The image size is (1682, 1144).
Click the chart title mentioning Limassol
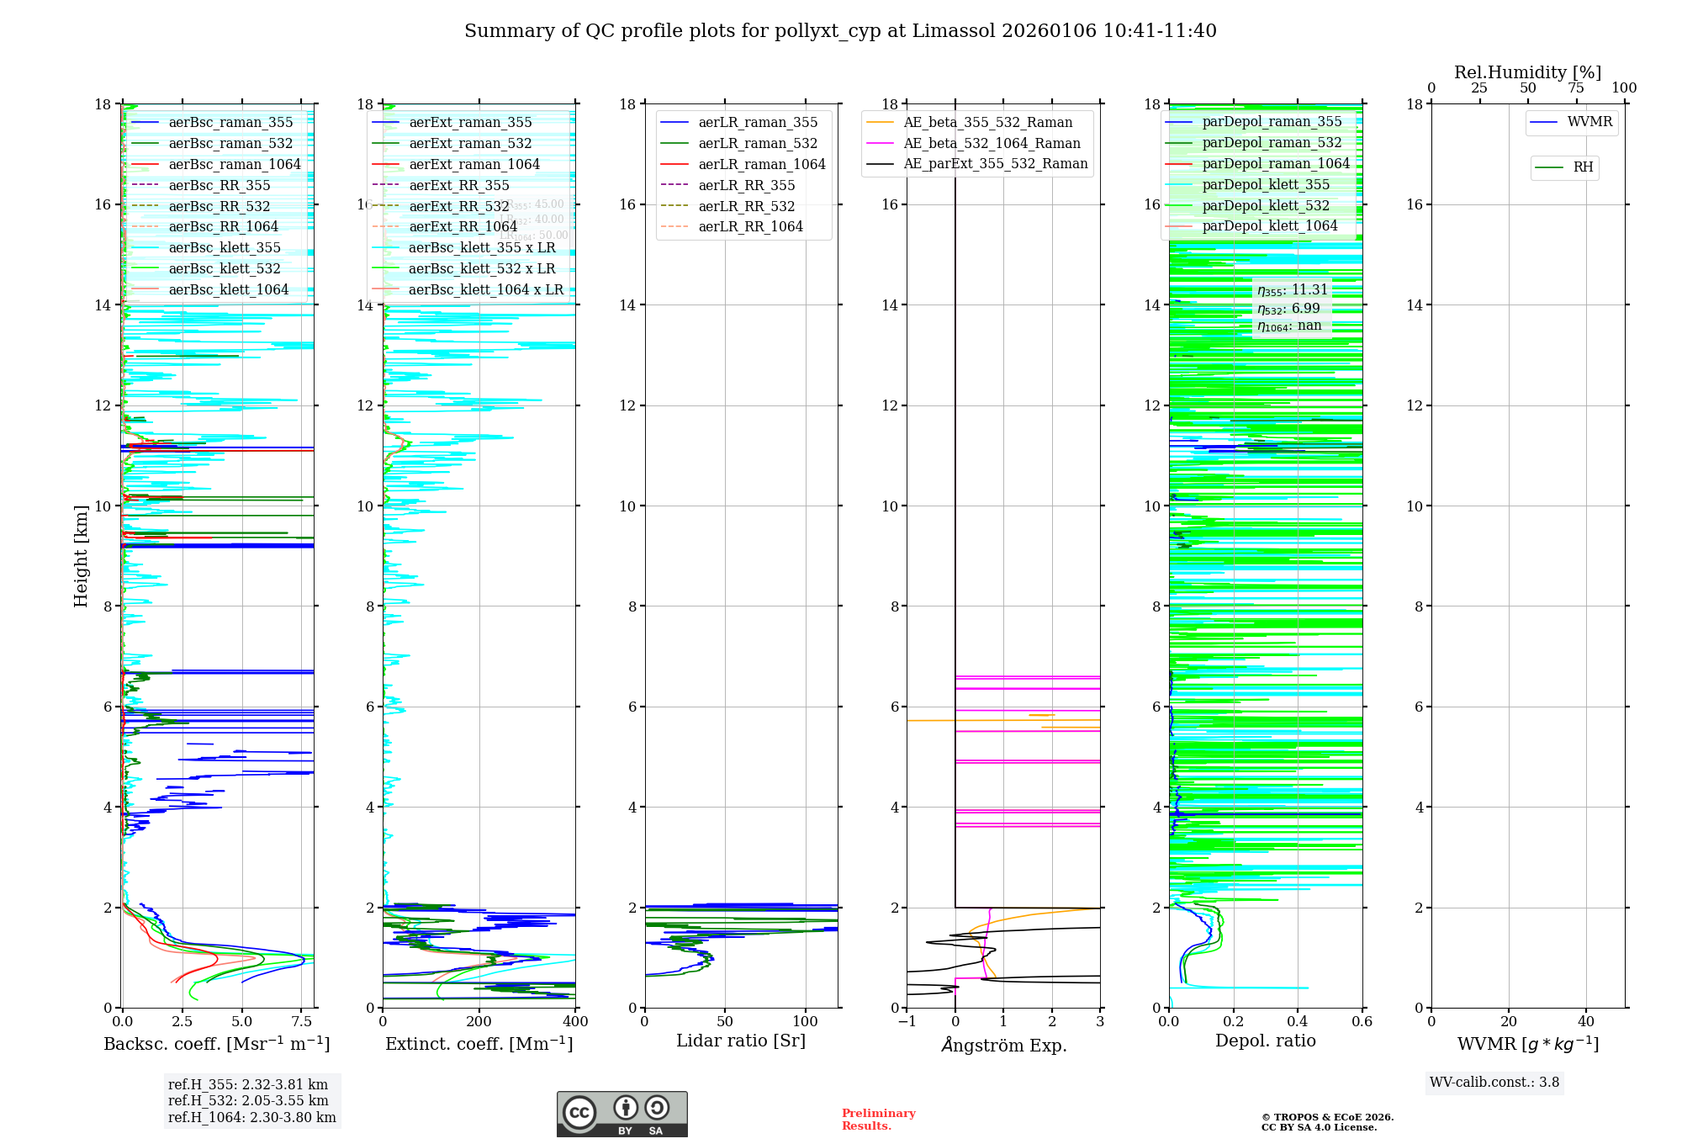coord(840,31)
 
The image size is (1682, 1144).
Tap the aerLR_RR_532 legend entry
coord(746,206)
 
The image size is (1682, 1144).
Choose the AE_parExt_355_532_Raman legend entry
coord(995,164)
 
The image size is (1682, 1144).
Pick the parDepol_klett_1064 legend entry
coord(1269,226)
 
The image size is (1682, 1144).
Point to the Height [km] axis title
coord(81,555)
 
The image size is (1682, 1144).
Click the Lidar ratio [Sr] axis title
coord(741,1041)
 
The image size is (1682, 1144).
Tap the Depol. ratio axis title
coord(1265,1041)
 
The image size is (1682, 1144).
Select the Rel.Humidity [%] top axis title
coord(1527,72)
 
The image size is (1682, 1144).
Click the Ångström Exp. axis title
coord(1003,1046)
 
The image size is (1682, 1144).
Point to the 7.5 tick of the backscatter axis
coord(302,1022)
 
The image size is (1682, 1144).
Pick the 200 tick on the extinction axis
coord(479,1022)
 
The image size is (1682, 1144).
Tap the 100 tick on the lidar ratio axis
coord(805,1022)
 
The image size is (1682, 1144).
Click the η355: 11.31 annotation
coord(1292,290)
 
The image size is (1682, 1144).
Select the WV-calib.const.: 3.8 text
coord(1494,1083)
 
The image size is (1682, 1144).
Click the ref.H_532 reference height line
coord(248,1101)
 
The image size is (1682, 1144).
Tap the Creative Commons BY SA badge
coord(621,1115)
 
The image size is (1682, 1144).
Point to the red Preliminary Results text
coord(878,1120)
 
